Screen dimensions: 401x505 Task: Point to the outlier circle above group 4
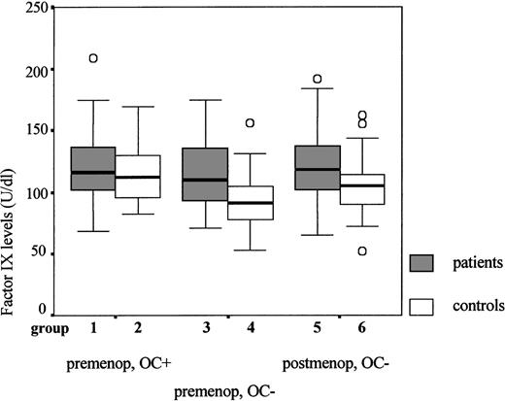250,123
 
